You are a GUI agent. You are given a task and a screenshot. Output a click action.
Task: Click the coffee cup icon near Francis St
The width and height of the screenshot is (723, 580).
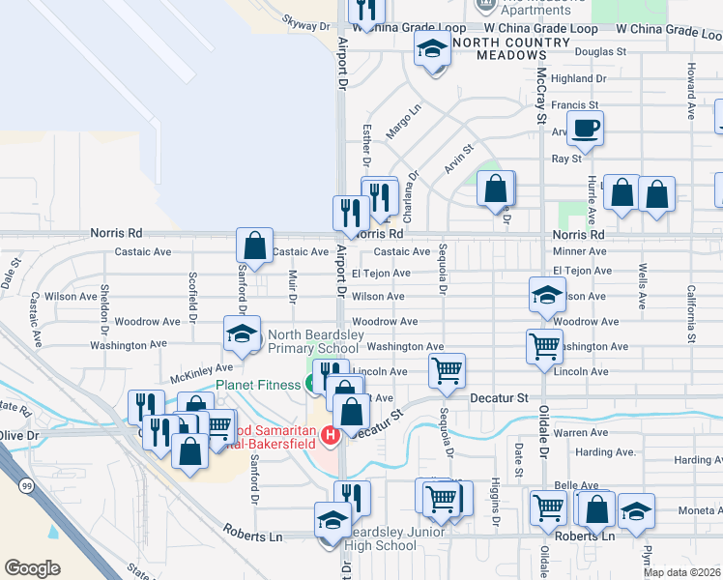point(587,128)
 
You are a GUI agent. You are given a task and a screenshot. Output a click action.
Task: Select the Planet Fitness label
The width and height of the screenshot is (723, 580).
point(258,385)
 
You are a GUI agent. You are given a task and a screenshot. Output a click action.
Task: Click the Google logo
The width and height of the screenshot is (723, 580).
point(32,568)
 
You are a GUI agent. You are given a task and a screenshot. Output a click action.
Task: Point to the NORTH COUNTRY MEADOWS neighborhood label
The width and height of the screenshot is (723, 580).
point(510,48)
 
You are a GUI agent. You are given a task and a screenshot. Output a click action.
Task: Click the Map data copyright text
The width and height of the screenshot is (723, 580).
point(682,572)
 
